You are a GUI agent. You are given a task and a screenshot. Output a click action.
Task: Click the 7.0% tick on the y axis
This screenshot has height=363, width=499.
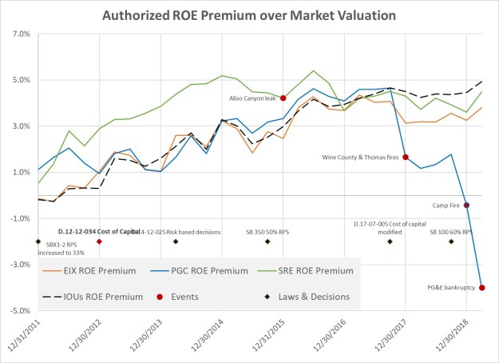(19, 34)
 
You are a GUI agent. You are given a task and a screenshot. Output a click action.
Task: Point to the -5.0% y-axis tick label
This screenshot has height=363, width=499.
(18, 310)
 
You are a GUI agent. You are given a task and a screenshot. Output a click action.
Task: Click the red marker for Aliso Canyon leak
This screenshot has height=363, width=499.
(283, 98)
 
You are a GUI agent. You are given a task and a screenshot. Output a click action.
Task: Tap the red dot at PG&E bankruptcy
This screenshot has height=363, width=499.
(482, 288)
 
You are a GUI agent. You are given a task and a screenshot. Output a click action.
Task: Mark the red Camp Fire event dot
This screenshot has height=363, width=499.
(467, 205)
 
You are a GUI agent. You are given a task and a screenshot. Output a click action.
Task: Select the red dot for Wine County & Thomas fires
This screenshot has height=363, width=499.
(406, 158)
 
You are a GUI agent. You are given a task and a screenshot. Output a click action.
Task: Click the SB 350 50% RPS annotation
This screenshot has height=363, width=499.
(267, 232)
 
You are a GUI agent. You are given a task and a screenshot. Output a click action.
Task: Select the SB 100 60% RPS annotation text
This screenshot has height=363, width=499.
(451, 232)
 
